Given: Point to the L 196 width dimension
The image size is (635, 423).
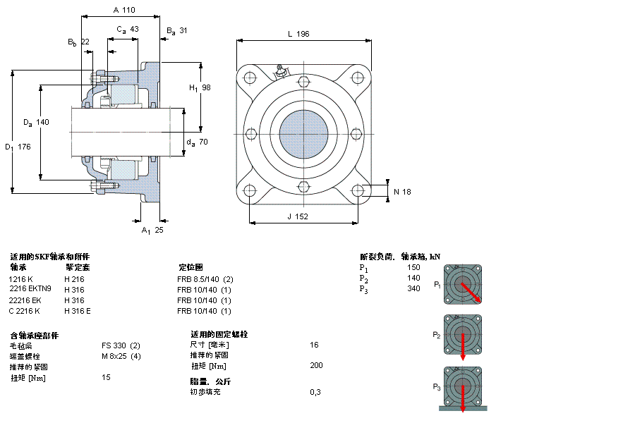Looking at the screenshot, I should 298,34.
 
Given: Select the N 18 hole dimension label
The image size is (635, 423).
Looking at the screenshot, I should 401,191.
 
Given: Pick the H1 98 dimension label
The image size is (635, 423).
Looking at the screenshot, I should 200,87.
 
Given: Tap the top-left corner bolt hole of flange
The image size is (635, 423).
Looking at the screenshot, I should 250,77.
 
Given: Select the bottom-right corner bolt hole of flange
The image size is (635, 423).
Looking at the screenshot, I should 358,190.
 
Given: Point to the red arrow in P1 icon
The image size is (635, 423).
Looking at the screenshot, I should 471,292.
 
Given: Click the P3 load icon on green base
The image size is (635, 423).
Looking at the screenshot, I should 462,388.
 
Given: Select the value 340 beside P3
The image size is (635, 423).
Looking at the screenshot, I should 413,288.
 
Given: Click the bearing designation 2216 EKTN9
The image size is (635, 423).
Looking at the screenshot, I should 30,289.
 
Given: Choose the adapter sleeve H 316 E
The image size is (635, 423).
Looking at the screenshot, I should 78,311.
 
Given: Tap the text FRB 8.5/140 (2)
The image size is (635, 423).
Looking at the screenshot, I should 205,278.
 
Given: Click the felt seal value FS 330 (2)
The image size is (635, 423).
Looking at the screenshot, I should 121,345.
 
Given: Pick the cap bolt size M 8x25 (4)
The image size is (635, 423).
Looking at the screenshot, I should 121,355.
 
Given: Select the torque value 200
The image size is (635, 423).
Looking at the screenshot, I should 316,365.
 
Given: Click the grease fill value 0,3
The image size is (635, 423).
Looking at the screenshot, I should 315,391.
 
